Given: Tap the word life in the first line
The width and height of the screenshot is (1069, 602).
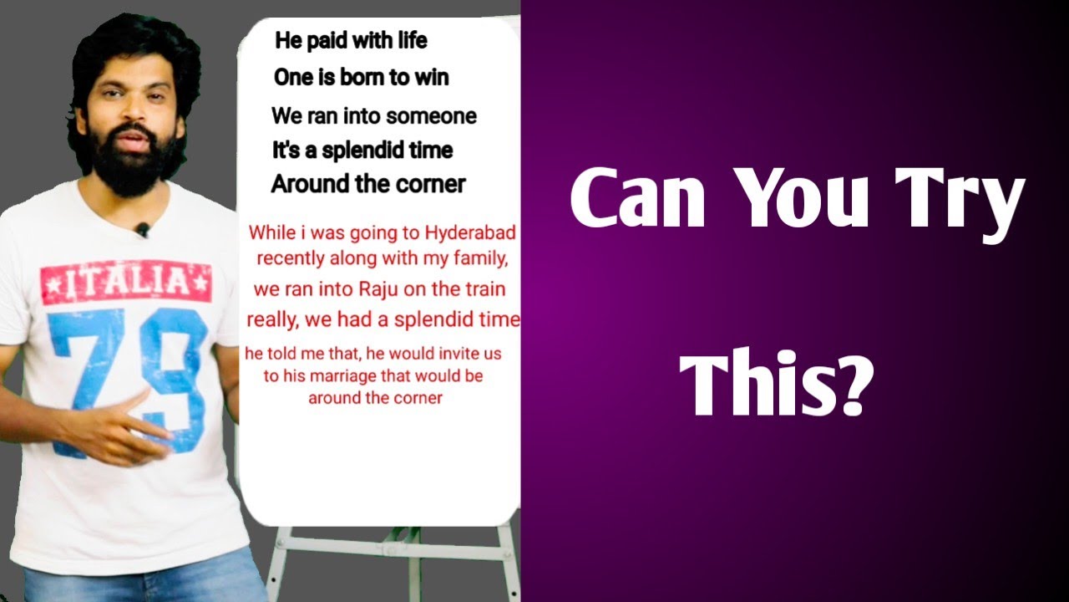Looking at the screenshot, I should tap(408, 40).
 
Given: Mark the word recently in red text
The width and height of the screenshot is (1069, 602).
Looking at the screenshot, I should tap(294, 258).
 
